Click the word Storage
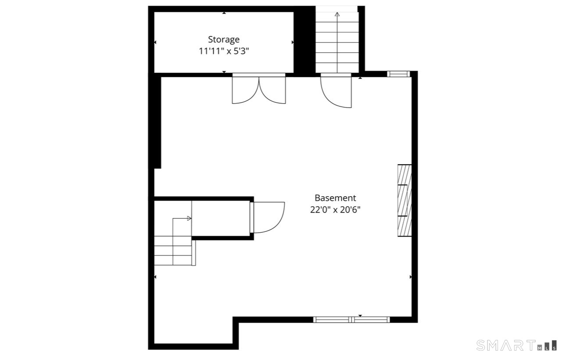pos(224,40)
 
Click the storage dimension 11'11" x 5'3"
pos(224,51)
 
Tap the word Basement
pos(335,198)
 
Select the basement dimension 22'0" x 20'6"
pos(335,209)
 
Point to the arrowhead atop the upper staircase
pos(337,14)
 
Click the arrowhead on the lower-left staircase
pos(189,219)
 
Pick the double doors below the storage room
pos(259,89)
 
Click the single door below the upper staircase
pos(336,90)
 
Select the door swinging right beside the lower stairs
pos(267,217)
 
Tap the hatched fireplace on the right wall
pos(405,201)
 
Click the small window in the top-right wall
pos(398,74)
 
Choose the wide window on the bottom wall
pos(351,320)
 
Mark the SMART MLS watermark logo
pos(516,346)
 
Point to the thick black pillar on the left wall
pos(158,122)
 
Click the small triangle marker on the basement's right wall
pos(411,277)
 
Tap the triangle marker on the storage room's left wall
pos(155,42)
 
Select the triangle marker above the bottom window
pos(360,316)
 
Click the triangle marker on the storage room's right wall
pos(293,42)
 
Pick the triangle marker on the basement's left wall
pos(155,277)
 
